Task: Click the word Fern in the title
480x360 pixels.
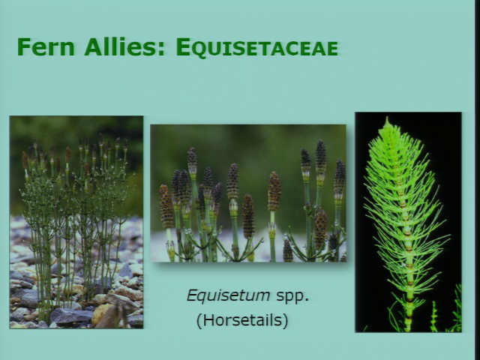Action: [46, 46]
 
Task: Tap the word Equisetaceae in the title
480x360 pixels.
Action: [257, 47]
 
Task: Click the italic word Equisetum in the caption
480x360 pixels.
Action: [228, 296]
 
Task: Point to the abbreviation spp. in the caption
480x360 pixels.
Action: [292, 297]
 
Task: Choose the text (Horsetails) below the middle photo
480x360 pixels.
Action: [242, 320]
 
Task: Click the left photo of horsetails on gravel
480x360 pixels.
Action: [76, 222]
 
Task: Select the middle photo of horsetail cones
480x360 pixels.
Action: [248, 193]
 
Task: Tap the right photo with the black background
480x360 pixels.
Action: [408, 222]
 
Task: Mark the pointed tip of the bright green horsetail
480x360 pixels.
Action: [388, 117]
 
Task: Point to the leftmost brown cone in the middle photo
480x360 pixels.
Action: [166, 206]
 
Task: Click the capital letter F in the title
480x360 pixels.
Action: [23, 46]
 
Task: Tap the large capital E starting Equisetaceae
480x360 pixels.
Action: [183, 46]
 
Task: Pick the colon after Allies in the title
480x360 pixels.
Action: [162, 50]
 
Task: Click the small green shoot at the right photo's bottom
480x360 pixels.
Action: [433, 316]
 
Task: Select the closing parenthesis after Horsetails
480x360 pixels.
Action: [286, 320]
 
